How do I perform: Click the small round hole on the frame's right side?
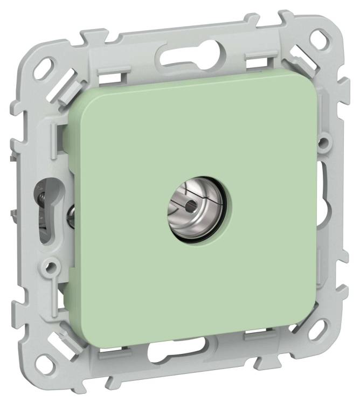pos(323,143)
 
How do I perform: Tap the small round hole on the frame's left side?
pos(51,266)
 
